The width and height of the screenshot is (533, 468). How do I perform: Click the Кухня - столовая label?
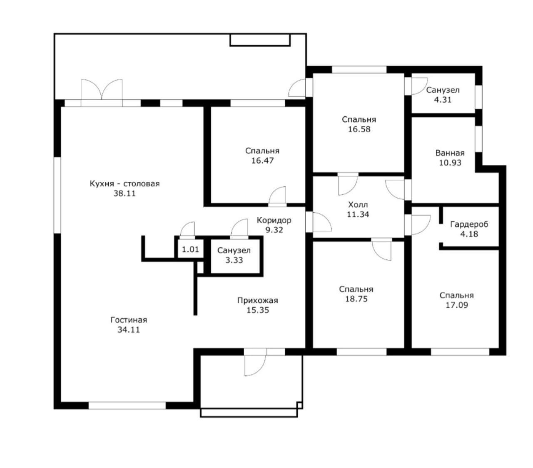click(125, 184)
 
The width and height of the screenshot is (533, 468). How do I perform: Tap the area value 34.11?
click(128, 330)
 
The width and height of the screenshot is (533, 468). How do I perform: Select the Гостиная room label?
click(129, 320)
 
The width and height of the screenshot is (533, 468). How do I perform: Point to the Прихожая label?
click(258, 300)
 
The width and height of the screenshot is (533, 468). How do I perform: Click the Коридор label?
click(274, 220)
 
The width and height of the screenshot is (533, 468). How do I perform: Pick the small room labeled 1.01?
click(190, 249)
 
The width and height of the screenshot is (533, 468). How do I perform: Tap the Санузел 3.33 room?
click(234, 255)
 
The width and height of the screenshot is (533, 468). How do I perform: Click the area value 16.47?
click(262, 161)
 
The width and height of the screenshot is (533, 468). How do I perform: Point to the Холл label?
click(358, 205)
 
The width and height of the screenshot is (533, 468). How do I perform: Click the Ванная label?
click(450, 153)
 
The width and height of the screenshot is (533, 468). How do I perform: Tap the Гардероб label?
click(469, 224)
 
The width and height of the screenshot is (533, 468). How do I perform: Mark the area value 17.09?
click(457, 305)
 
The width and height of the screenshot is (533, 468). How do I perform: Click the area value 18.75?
click(356, 299)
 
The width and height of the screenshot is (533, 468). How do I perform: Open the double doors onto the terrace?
click(102, 93)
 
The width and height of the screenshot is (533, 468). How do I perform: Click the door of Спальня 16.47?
click(277, 196)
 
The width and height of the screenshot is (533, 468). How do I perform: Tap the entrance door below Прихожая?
click(255, 362)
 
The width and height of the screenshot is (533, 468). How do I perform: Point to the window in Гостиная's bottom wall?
click(127, 405)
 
